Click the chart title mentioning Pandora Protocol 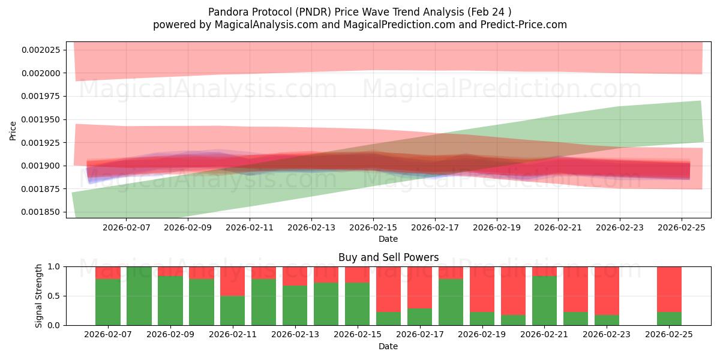tap(360, 11)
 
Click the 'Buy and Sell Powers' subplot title tap(388, 257)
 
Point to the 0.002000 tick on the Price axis tap(41, 73)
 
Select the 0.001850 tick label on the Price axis tap(41, 212)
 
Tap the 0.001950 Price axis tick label tap(41, 119)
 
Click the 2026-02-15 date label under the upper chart tap(373, 228)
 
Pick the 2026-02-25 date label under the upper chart tap(682, 228)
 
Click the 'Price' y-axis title tap(13, 130)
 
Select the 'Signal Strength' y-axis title tap(39, 296)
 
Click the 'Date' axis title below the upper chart tap(388, 239)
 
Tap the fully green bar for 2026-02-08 tap(139, 296)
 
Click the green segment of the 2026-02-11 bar tap(233, 310)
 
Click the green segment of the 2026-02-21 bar tap(545, 301)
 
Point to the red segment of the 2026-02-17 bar tap(420, 287)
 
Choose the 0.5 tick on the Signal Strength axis tap(55, 296)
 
